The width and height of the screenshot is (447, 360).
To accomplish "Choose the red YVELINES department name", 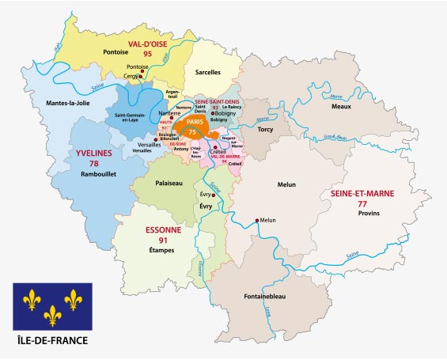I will [x=93, y=153].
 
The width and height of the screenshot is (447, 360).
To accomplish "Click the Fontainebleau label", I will [x=271, y=296].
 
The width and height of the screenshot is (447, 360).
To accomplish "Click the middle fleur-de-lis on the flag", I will [x=52, y=316].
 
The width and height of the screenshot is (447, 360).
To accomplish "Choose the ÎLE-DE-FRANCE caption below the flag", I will [x=52, y=341].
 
